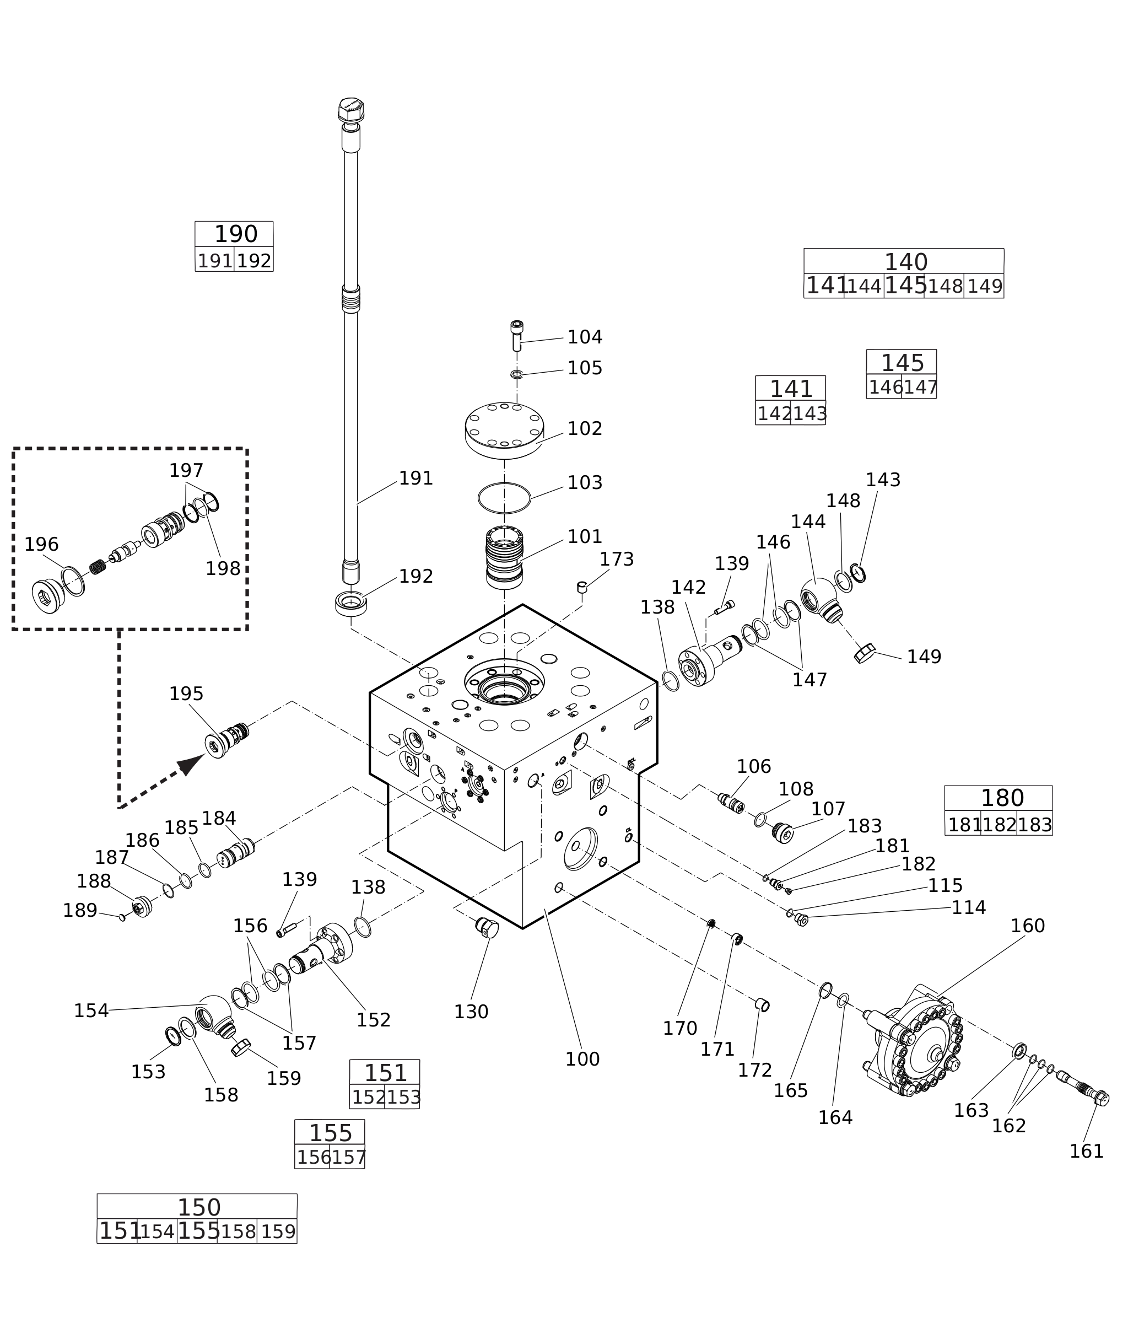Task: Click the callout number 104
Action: coord(585,337)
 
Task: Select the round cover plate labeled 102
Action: coord(505,426)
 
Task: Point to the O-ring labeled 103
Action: coord(505,498)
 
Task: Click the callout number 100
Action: coord(582,1060)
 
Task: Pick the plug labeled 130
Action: coord(487,927)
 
